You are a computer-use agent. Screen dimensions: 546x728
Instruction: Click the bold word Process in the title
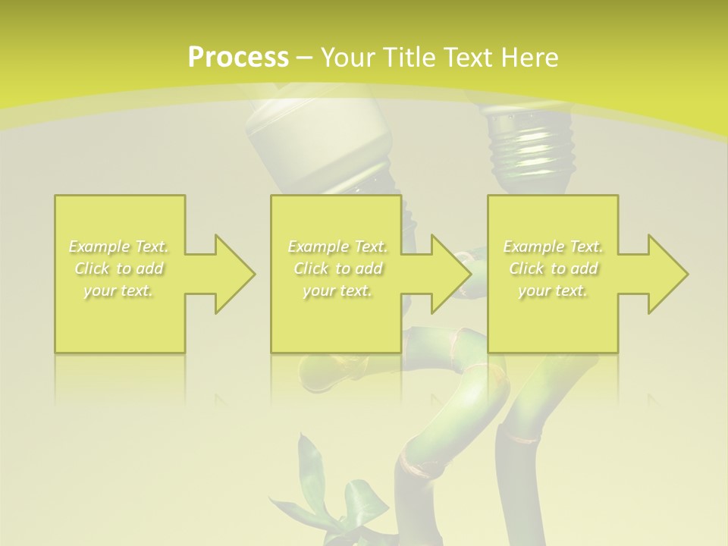[x=238, y=58]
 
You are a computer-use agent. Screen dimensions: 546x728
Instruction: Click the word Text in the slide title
[x=468, y=58]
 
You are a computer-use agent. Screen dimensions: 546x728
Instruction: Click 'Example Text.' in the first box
[x=119, y=246]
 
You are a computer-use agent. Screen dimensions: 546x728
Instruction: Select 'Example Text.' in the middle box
[x=337, y=246]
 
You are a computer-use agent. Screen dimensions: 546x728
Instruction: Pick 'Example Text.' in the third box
[x=553, y=246]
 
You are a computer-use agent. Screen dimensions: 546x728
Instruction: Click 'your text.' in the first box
[x=119, y=290]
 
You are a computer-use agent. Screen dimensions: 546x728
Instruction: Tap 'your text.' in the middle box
[x=337, y=290]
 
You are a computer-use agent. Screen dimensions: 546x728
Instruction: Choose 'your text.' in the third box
[x=553, y=290]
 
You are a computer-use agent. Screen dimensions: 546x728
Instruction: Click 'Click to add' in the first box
[x=119, y=268]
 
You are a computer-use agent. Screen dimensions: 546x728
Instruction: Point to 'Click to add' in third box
[x=553, y=268]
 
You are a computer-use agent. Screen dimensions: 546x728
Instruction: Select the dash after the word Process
[x=304, y=58]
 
